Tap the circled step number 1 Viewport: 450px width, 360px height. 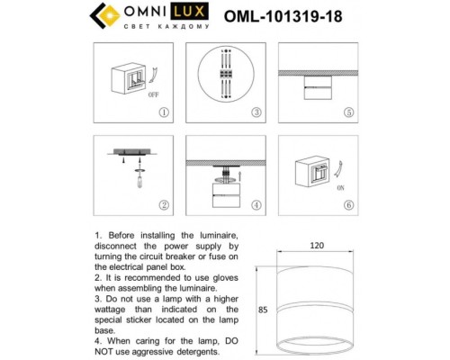point(163,113)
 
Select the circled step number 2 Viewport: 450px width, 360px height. point(163,204)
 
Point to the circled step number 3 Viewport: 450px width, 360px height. point(256,113)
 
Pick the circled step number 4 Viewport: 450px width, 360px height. point(256,204)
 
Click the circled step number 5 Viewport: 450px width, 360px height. point(348,113)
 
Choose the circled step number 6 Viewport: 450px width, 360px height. point(348,204)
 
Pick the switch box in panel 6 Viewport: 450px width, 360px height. point(318,172)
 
